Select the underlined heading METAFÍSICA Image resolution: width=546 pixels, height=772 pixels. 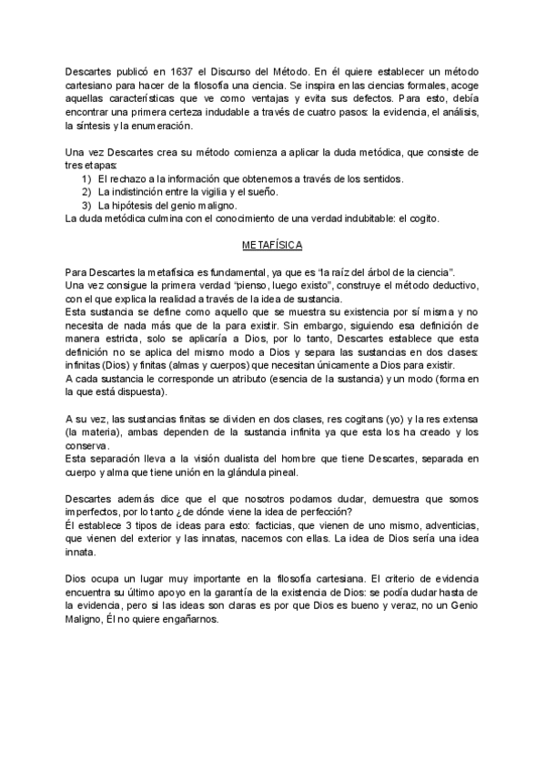coord(273,246)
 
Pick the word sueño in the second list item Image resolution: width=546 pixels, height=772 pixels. coord(259,192)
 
